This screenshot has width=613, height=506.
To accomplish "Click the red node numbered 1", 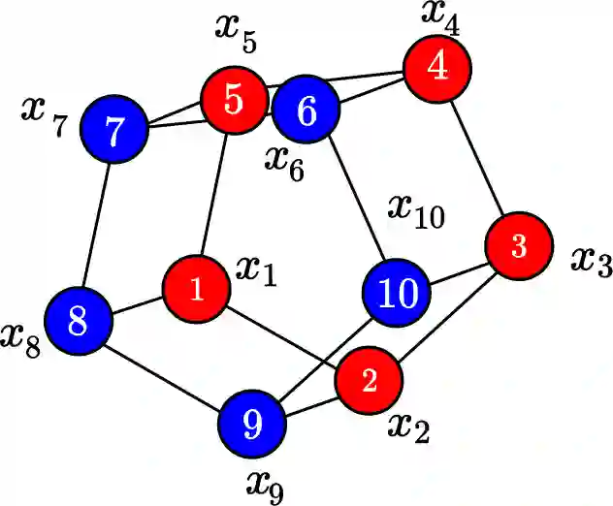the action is (x=197, y=290).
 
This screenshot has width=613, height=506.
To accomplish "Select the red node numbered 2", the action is (x=369, y=381).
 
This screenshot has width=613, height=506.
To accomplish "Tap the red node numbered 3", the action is (x=519, y=247).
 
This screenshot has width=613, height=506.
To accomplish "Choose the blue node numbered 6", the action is (x=306, y=111).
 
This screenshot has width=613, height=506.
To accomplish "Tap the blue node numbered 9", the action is (x=251, y=423).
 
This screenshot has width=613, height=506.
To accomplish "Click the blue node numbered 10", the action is (x=397, y=293).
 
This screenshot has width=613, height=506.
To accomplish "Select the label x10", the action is (x=416, y=210).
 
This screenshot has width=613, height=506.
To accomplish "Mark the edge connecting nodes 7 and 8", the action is (x=97, y=225).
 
